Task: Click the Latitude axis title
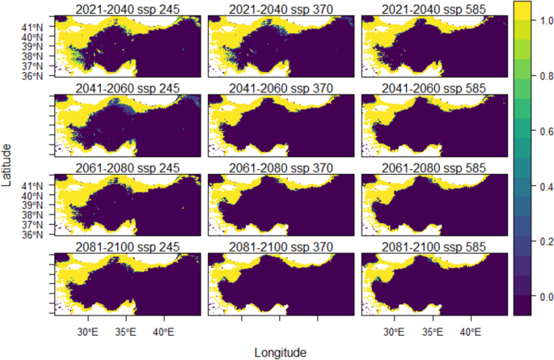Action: (7, 165)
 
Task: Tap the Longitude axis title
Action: (279, 352)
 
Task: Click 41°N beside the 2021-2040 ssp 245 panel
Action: (34, 27)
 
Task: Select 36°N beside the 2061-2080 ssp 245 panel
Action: (34, 234)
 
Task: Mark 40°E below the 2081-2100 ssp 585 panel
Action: (470, 332)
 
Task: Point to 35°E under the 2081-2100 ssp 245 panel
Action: (126, 332)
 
